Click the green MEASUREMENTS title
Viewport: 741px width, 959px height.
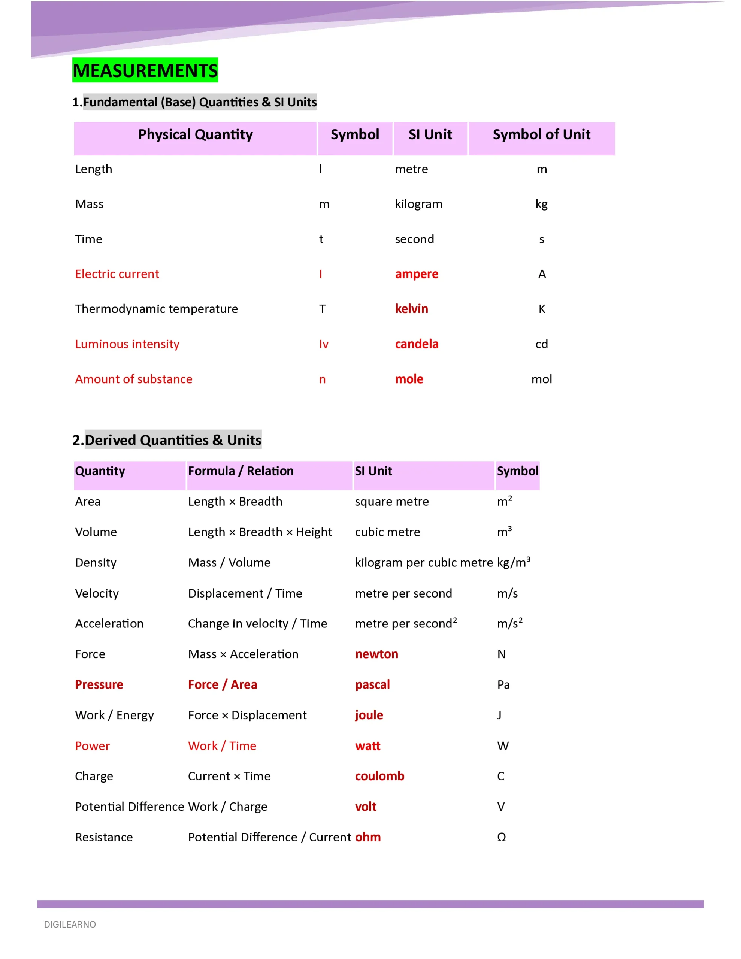tap(145, 70)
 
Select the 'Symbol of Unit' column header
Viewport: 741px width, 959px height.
tap(541, 134)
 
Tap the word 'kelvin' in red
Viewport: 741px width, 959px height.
tap(411, 309)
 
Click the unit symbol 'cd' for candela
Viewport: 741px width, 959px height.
tap(541, 344)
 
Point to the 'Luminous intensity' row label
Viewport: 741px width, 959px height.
tap(127, 344)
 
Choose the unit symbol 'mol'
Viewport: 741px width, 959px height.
tap(541, 379)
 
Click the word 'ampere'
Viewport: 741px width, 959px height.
tap(417, 274)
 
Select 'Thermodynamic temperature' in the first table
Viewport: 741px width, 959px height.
tap(156, 309)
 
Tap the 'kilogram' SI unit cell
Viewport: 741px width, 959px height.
tap(418, 204)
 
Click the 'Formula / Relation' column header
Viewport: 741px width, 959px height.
tap(241, 471)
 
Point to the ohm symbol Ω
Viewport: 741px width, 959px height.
tap(501, 837)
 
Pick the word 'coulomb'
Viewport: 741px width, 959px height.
tap(379, 776)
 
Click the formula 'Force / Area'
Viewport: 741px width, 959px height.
tap(222, 684)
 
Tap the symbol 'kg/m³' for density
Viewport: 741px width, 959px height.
tap(514, 563)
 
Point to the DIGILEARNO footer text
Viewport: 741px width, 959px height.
tap(70, 924)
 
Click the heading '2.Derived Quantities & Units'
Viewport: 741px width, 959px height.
tap(167, 440)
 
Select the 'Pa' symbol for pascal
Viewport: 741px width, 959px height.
tap(503, 684)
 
